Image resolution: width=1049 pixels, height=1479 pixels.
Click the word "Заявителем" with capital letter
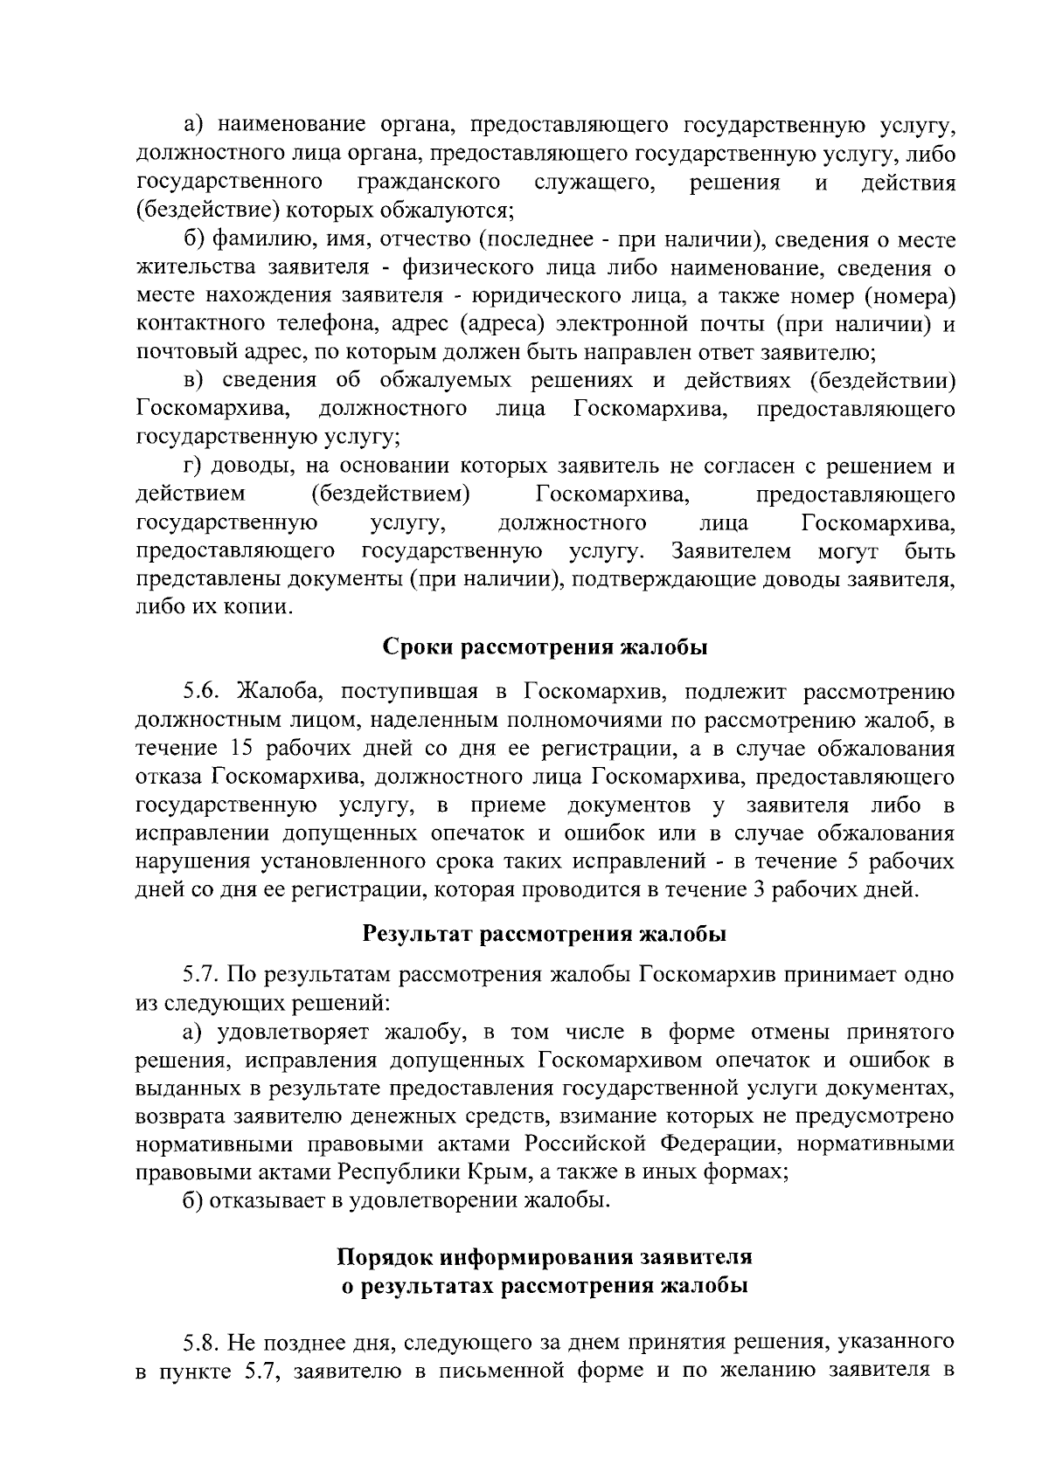pos(732,551)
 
